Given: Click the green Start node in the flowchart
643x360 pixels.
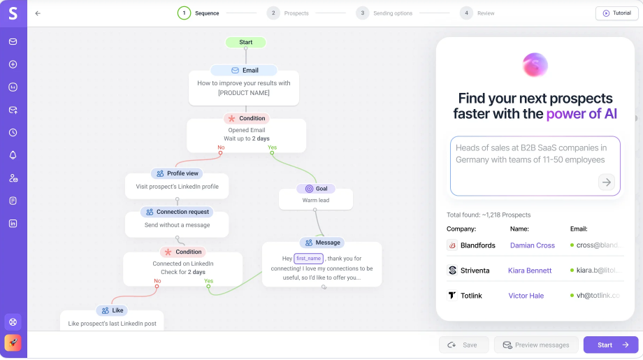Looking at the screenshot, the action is click(x=245, y=42).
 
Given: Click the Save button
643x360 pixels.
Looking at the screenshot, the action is click(x=463, y=345).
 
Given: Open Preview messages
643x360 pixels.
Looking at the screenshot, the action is click(x=536, y=345).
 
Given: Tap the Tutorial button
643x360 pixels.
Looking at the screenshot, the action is click(x=616, y=13).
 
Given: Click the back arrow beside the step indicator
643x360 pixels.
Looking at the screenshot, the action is click(x=38, y=13).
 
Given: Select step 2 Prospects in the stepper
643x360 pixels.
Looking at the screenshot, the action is click(x=287, y=13).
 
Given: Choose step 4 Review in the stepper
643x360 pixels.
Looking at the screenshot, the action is click(x=477, y=13).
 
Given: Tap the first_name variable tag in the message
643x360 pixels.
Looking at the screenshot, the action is click(x=308, y=259).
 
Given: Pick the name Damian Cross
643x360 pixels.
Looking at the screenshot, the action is click(x=533, y=245).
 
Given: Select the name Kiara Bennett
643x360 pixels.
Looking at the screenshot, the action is click(x=530, y=271).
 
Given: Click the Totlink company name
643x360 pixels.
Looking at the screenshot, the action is click(x=471, y=296).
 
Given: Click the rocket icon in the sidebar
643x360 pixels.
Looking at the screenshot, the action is click(x=13, y=343).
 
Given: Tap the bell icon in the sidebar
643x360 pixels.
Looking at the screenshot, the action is click(x=13, y=155).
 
